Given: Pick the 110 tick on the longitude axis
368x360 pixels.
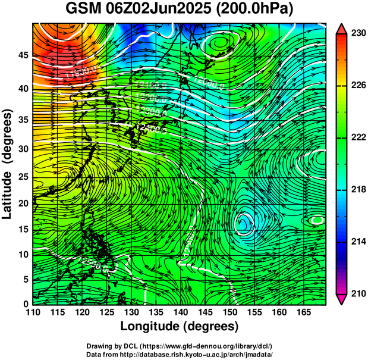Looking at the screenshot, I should [x=33, y=312].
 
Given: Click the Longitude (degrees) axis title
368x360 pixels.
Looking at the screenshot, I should [x=180, y=326].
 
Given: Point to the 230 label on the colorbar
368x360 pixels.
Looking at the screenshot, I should [x=356, y=34].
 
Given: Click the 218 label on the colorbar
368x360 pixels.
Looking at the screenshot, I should [x=356, y=189].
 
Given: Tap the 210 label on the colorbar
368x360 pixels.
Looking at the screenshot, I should [x=356, y=293].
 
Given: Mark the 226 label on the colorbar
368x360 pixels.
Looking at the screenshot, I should [x=356, y=86].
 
